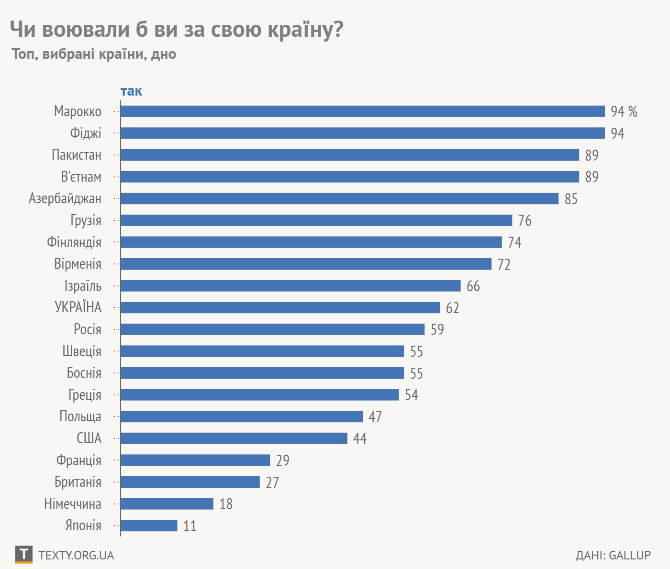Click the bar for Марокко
click(x=362, y=111)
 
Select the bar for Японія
click(x=149, y=525)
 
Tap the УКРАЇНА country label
click(x=78, y=307)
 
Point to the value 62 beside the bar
click(x=452, y=308)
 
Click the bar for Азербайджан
click(x=339, y=198)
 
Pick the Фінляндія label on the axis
click(x=74, y=242)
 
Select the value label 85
click(x=571, y=199)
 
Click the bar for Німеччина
click(x=167, y=504)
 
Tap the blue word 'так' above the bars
click(x=131, y=91)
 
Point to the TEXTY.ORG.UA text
click(x=76, y=555)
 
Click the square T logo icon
click(x=23, y=555)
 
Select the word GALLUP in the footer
click(x=630, y=555)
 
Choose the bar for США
click(x=234, y=438)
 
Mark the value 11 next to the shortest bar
click(x=190, y=526)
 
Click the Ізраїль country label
click(x=83, y=286)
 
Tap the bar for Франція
click(x=195, y=460)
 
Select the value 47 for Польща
click(x=375, y=417)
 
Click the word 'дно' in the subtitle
click(x=164, y=54)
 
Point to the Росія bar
click(x=272, y=329)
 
